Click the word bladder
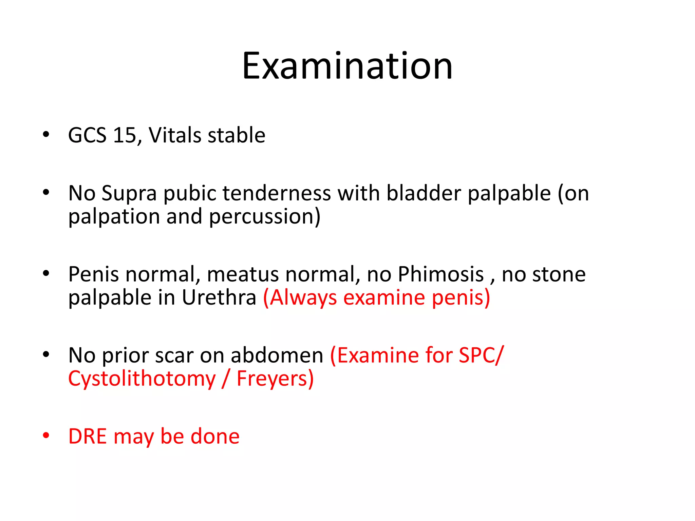tap(424, 193)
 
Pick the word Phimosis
tap(440, 274)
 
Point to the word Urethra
tap(219, 298)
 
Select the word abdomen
tap(277, 356)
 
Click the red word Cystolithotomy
tap(142, 379)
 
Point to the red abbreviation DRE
tap(88, 437)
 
